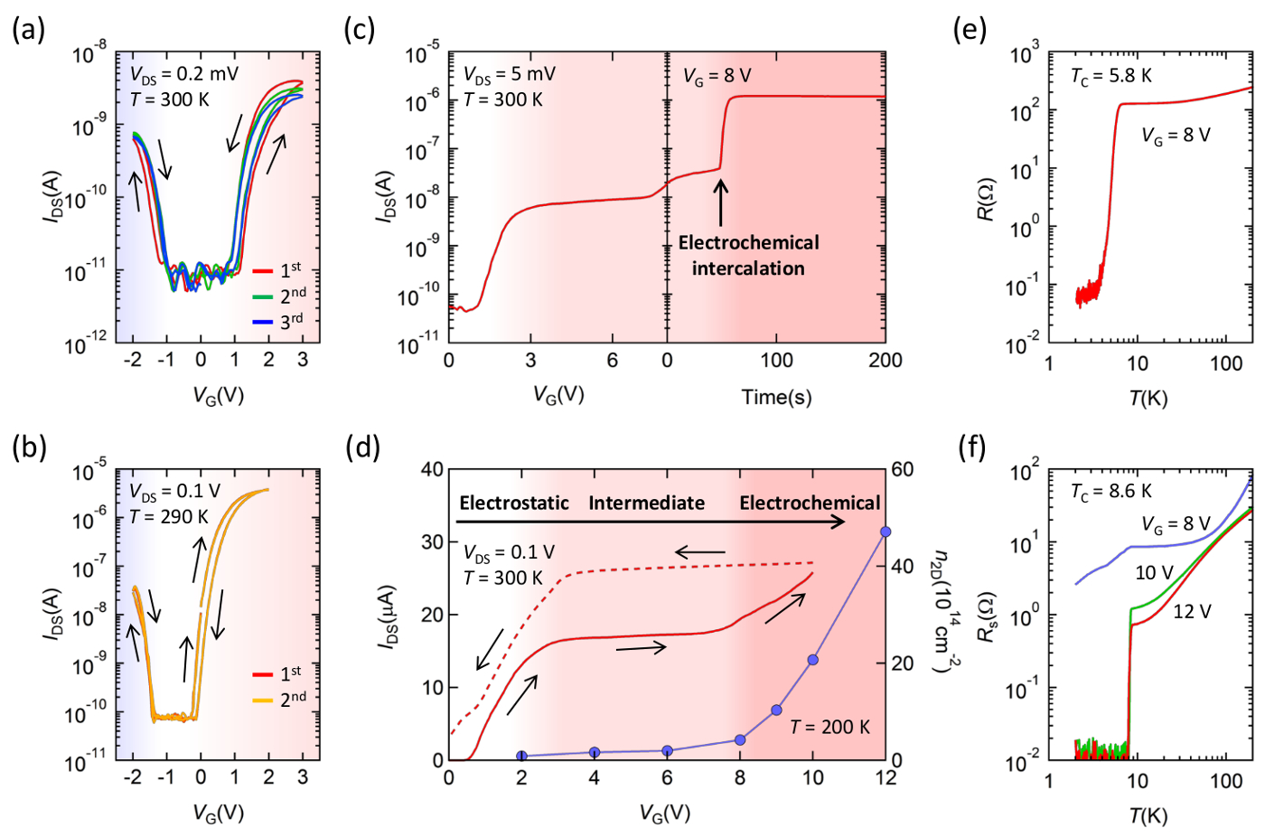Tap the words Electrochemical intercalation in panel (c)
748,255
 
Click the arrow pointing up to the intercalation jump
720,202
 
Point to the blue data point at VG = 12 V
885,531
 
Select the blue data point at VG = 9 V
776,710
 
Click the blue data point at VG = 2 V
521,756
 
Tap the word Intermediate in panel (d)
646,503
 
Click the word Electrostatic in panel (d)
514,503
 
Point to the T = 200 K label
829,727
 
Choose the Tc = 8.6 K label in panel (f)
1110,491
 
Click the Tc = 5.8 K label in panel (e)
1110,76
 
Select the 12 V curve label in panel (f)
1192,612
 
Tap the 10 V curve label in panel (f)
1154,572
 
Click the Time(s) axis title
776,397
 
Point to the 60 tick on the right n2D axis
903,469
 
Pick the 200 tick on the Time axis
885,360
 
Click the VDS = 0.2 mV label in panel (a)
183,74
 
